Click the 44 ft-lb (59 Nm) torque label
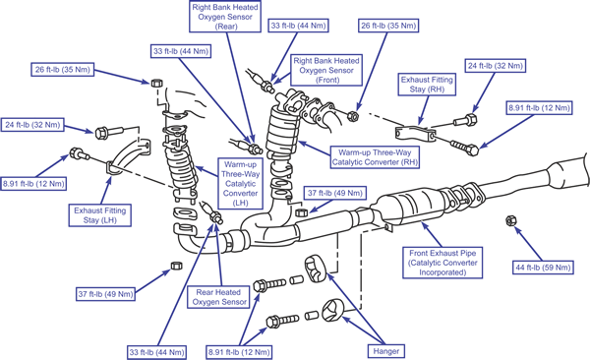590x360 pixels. point(543,268)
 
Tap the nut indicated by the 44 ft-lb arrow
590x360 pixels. point(509,220)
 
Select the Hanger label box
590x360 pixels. point(386,351)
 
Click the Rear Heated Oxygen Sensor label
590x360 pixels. point(218,297)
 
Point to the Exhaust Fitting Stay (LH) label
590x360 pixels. point(99,215)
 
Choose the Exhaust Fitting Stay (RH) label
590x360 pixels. point(427,85)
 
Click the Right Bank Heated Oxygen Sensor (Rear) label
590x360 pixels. point(225,17)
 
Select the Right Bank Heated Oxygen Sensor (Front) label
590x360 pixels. point(326,70)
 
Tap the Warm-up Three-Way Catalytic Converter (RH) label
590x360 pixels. point(375,157)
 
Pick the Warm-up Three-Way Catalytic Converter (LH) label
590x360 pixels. point(241,183)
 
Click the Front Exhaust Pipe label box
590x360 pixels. point(442,263)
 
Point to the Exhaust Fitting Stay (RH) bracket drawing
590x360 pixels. point(415,133)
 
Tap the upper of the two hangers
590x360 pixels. point(315,269)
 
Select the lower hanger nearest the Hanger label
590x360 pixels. point(332,311)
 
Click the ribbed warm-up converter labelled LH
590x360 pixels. point(181,165)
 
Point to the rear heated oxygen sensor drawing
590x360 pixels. point(211,212)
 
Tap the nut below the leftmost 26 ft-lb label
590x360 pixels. point(156,83)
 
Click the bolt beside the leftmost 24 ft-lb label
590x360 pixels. point(109,132)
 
